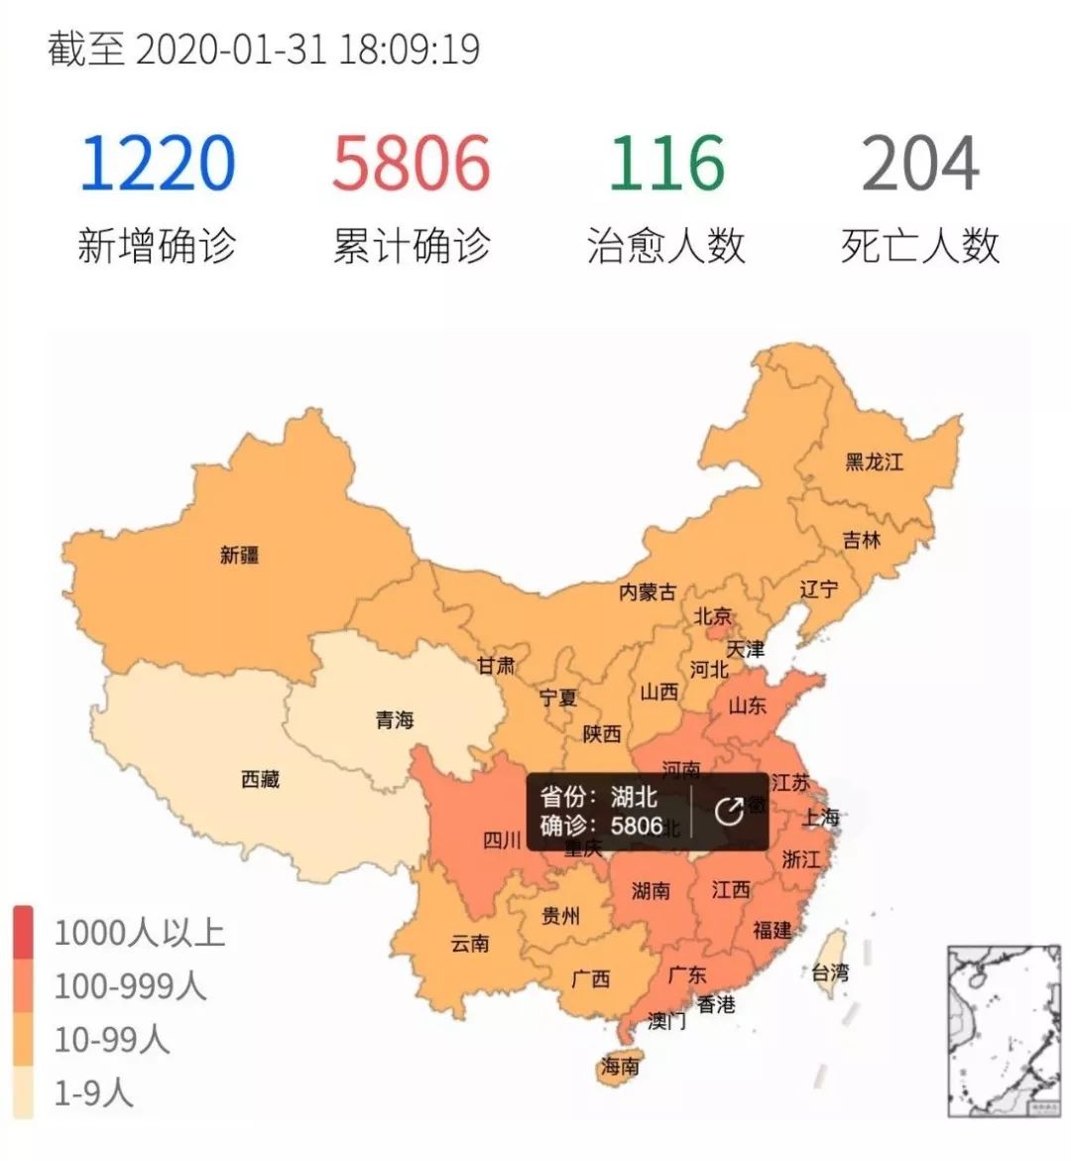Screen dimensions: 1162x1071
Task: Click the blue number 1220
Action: coord(157,164)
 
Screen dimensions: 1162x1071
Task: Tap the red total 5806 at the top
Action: coord(412,164)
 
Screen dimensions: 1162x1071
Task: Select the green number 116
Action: coord(666,164)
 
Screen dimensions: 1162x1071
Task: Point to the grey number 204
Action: coord(920,164)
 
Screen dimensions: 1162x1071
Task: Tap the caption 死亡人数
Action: coord(920,246)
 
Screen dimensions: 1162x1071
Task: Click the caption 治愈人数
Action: coord(666,246)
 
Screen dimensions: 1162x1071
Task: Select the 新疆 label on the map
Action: coord(239,555)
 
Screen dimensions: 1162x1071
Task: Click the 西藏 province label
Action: coord(260,779)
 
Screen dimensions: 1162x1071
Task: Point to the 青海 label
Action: coord(394,719)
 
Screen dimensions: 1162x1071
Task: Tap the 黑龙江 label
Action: coord(874,461)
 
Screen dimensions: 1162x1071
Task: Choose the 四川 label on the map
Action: coord(502,840)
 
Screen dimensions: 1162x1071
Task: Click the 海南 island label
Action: coord(620,1067)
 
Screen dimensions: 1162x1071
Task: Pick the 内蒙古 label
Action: coord(648,591)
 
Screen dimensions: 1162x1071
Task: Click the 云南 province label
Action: coord(469,943)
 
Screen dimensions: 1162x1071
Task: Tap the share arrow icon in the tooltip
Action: coord(729,812)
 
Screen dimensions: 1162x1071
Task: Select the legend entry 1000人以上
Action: coord(139,933)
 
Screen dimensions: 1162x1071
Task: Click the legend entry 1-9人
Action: coord(93,1093)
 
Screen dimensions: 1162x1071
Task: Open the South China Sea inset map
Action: coord(1004,1031)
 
